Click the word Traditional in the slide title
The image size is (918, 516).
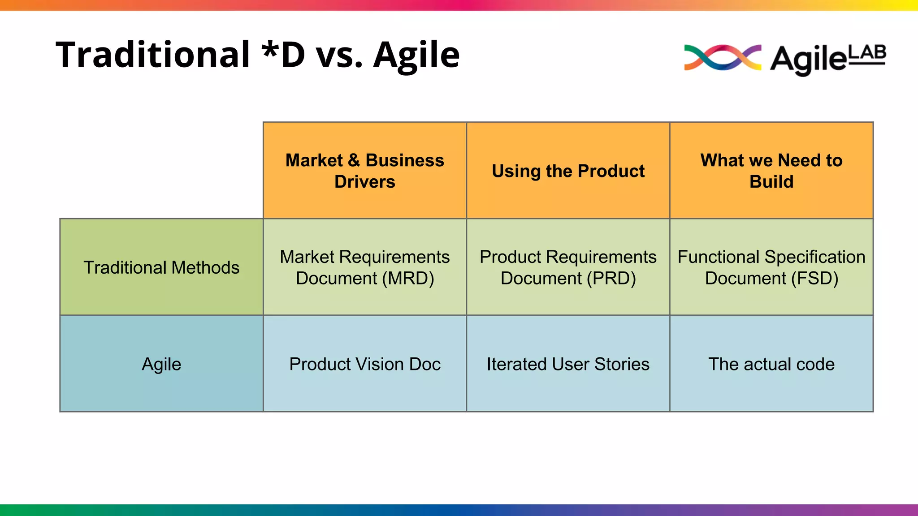click(x=152, y=55)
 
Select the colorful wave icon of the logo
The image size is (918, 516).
click(x=722, y=58)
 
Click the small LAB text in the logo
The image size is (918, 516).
click(x=867, y=53)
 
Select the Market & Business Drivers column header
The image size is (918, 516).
click(x=365, y=171)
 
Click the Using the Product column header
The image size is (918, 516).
click(x=568, y=171)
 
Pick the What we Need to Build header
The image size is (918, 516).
click(x=771, y=171)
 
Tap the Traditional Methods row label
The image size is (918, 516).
click(x=161, y=267)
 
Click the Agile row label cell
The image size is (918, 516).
click(x=161, y=364)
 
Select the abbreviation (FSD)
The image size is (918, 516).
click(x=814, y=279)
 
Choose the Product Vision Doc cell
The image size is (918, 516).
click(x=365, y=364)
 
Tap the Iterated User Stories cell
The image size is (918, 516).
click(x=568, y=364)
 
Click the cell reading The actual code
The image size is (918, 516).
click(x=771, y=364)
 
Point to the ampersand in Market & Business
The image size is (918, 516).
click(x=354, y=160)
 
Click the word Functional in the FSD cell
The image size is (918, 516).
click(x=719, y=257)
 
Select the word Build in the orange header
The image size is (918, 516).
click(x=771, y=182)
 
